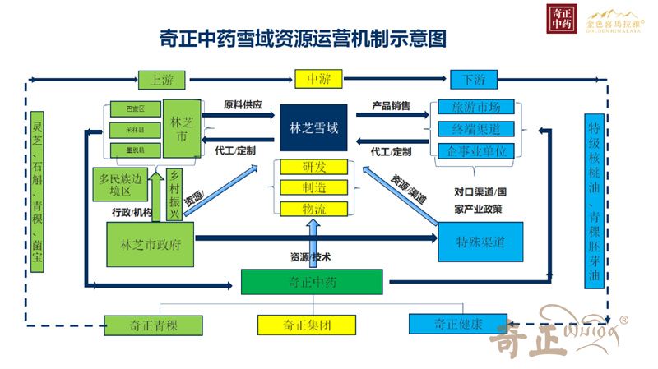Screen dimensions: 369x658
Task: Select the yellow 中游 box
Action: (x=317, y=80)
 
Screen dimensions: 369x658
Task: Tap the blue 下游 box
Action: (x=473, y=80)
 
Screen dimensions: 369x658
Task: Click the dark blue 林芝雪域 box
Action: (x=313, y=128)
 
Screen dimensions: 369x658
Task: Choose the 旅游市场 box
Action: (x=477, y=108)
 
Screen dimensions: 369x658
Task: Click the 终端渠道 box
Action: (x=477, y=129)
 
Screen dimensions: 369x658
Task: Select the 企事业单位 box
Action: (x=477, y=151)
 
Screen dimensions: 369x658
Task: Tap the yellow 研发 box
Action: (x=314, y=167)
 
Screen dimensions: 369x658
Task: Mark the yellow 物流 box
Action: (x=314, y=209)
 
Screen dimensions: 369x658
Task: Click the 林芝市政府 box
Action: (x=151, y=244)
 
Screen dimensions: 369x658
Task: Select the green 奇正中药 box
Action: (x=312, y=283)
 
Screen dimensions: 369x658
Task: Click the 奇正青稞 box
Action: (x=153, y=324)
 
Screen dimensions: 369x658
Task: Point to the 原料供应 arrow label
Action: (x=243, y=105)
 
